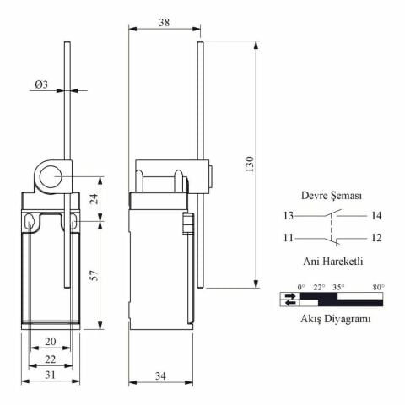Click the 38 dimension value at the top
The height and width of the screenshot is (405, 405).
tap(165, 23)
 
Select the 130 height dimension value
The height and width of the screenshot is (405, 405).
tap(250, 165)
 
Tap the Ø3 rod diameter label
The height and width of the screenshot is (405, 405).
tap(41, 84)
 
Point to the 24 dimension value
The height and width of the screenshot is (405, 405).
tap(95, 198)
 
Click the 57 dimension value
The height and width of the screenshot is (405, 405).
tap(95, 275)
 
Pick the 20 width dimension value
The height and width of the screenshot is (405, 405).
tap(51, 342)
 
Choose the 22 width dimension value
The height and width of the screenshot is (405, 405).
tap(51, 359)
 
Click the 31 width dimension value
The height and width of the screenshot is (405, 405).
tap(51, 375)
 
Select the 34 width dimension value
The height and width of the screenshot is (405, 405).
tap(160, 375)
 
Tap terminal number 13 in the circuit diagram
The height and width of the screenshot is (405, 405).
tap(289, 216)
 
